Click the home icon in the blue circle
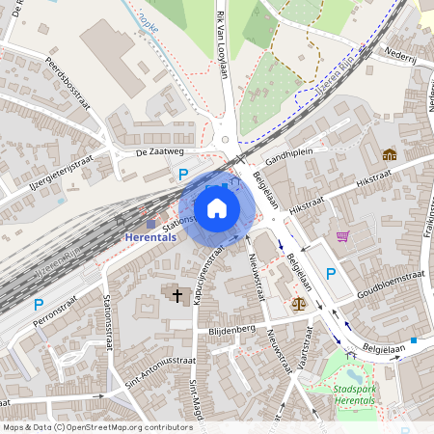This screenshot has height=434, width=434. pos(217,208)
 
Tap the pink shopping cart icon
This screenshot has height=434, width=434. pos(342,235)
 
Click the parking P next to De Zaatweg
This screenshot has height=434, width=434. pos(182,175)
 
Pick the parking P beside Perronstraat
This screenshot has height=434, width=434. pos(39,305)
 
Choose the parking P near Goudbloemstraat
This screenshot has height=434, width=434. pos(331,274)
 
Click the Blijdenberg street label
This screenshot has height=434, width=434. pos(231,330)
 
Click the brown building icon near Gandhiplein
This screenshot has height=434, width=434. pos(389,154)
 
